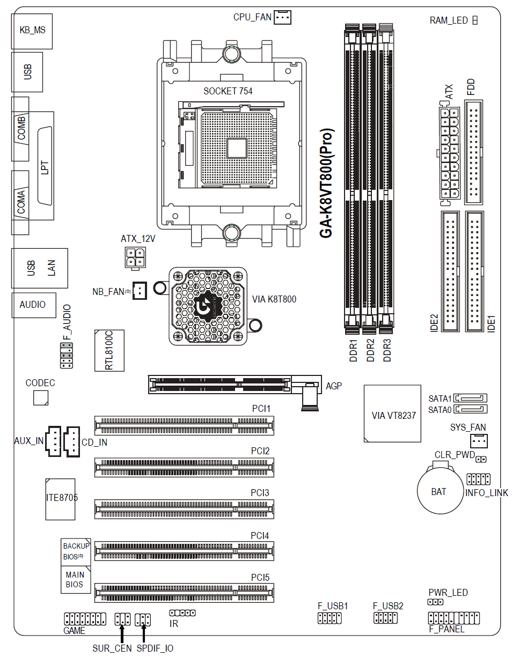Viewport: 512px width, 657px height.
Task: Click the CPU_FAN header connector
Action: coord(282,18)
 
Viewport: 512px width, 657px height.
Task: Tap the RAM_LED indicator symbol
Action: coord(475,20)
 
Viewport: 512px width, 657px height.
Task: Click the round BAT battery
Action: coord(439,491)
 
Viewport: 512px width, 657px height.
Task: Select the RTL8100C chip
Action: coord(109,351)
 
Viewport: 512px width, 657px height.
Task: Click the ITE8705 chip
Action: coord(61,498)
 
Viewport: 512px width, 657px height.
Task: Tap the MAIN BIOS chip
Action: coord(75,580)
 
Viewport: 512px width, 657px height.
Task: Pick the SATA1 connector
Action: coord(471,398)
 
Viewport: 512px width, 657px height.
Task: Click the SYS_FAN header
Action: coord(479,441)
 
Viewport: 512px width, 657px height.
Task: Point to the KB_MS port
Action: coord(32,30)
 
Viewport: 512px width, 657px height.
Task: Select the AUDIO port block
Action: coord(33,305)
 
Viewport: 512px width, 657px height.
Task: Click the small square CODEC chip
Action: coord(41,398)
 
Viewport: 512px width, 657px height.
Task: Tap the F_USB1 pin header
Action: coord(330,618)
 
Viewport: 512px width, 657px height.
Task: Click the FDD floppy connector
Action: coord(473,152)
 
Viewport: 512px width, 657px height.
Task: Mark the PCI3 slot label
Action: coord(260,492)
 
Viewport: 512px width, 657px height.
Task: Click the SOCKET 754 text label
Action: coord(228,91)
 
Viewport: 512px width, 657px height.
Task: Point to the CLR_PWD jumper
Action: coord(481,460)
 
